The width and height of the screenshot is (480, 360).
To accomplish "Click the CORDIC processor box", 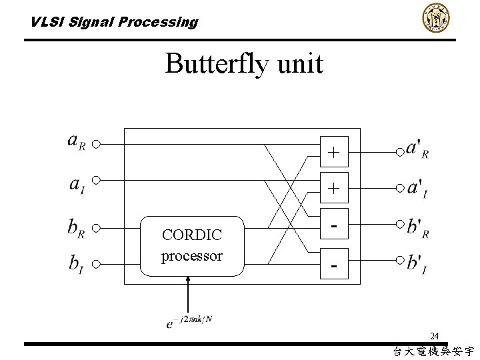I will (192, 246).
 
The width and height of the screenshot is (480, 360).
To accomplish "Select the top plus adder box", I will (334, 153).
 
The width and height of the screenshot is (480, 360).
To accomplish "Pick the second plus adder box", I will (334, 189).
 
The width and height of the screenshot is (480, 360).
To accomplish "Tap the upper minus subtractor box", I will (334, 226).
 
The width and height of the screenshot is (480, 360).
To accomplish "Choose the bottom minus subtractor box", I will (334, 266).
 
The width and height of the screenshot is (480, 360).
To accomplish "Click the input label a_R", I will (77, 142).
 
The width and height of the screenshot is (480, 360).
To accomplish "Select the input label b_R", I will (77, 227).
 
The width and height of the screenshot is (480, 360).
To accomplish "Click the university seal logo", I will (435, 18).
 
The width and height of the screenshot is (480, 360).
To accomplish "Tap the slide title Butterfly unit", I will (244, 64).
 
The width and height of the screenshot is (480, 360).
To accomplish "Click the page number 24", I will (434, 335).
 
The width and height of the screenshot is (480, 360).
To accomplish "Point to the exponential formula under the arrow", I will (189, 321).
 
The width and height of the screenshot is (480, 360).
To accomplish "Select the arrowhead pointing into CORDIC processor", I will (189, 280).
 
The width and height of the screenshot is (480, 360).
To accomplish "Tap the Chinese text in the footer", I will (433, 351).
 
